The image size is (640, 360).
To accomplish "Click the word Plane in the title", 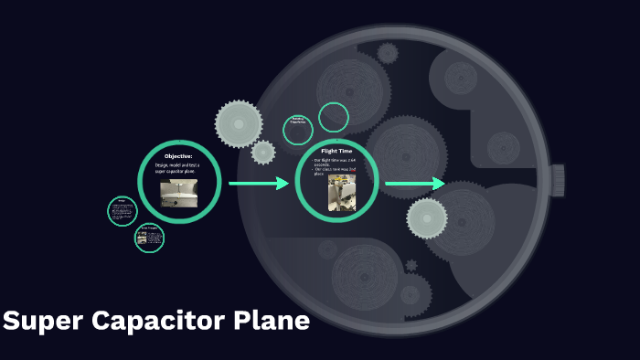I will coord(271,323).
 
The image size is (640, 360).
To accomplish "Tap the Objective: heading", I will coord(179,156).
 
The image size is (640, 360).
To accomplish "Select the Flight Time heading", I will coord(336,151).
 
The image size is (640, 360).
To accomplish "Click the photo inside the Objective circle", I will coord(179,193).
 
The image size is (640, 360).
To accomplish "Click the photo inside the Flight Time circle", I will coord(342,194).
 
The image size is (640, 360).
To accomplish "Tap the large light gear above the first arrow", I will coord(240,122).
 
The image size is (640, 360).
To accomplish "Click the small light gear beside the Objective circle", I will coord(263,152).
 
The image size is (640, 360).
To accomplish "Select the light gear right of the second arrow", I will coord(427,217).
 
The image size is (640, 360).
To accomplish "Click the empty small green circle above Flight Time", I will coord(334,117).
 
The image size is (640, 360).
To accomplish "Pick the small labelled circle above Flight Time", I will coord(298,130).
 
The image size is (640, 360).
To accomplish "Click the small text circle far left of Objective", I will coord(122,211).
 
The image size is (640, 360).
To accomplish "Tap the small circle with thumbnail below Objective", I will coord(149,238).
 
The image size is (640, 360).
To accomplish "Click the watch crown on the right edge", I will coord(557,179).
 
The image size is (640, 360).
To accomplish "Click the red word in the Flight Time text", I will coord(352,169).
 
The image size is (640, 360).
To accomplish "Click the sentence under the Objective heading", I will coord(179,168).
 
